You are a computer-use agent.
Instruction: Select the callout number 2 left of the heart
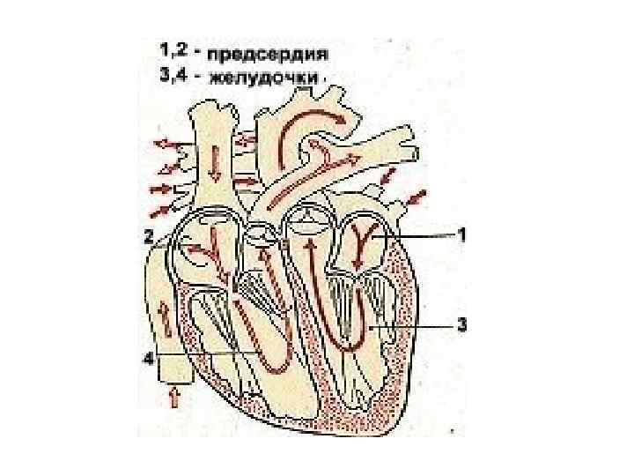(x=149, y=236)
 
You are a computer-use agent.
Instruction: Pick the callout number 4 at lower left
(x=149, y=357)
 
